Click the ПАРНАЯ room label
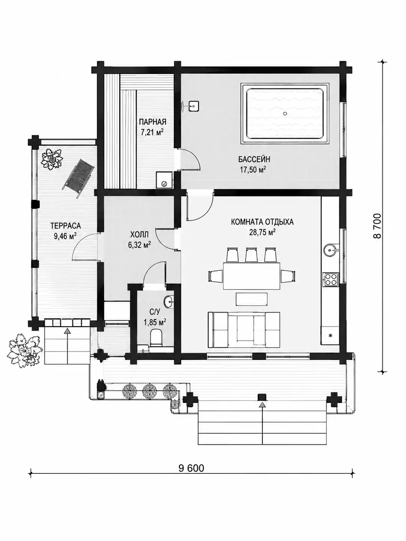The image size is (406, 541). [153, 122]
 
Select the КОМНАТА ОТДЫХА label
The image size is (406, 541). [262, 222]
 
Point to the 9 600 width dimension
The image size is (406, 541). [191, 468]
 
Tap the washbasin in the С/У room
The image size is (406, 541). [169, 302]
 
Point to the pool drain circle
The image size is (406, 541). [285, 114]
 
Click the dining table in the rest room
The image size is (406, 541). [252, 276]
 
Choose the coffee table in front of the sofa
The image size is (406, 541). [252, 299]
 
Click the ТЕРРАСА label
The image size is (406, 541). [65, 226]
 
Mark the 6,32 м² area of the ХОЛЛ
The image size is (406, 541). [139, 245]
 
